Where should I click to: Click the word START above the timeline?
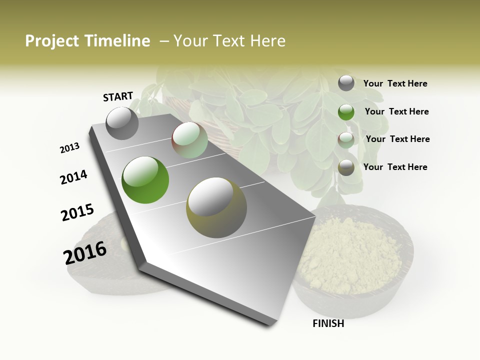click(x=118, y=96)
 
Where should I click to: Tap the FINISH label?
click(x=328, y=323)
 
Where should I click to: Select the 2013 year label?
click(x=69, y=148)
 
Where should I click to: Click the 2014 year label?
click(x=73, y=177)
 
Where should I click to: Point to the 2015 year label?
click(x=77, y=212)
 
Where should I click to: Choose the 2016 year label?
click(x=85, y=253)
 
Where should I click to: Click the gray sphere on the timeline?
click(x=122, y=123)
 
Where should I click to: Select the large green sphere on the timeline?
click(x=145, y=180)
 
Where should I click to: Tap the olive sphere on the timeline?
click(x=216, y=207)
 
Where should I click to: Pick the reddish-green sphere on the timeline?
click(x=190, y=140)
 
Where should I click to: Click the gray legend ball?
click(x=346, y=83)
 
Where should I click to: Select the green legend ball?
click(x=346, y=112)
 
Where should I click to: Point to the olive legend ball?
click(x=346, y=167)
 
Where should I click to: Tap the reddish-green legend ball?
click(x=346, y=139)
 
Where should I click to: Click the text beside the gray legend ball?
click(x=395, y=83)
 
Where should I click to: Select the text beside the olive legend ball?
click(x=395, y=167)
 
